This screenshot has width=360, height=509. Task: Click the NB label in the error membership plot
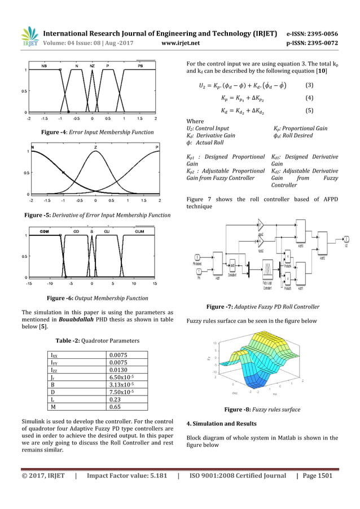tap(44, 66)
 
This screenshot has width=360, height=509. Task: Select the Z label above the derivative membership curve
tap(95, 147)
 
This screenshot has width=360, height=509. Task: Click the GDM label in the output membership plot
tap(44, 231)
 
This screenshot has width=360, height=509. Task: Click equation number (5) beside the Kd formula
tap(309, 111)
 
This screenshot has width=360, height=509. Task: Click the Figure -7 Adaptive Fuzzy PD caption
tap(263, 306)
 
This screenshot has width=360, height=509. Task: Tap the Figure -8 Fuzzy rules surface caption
tap(262, 409)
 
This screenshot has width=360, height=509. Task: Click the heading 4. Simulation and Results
tap(221, 423)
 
